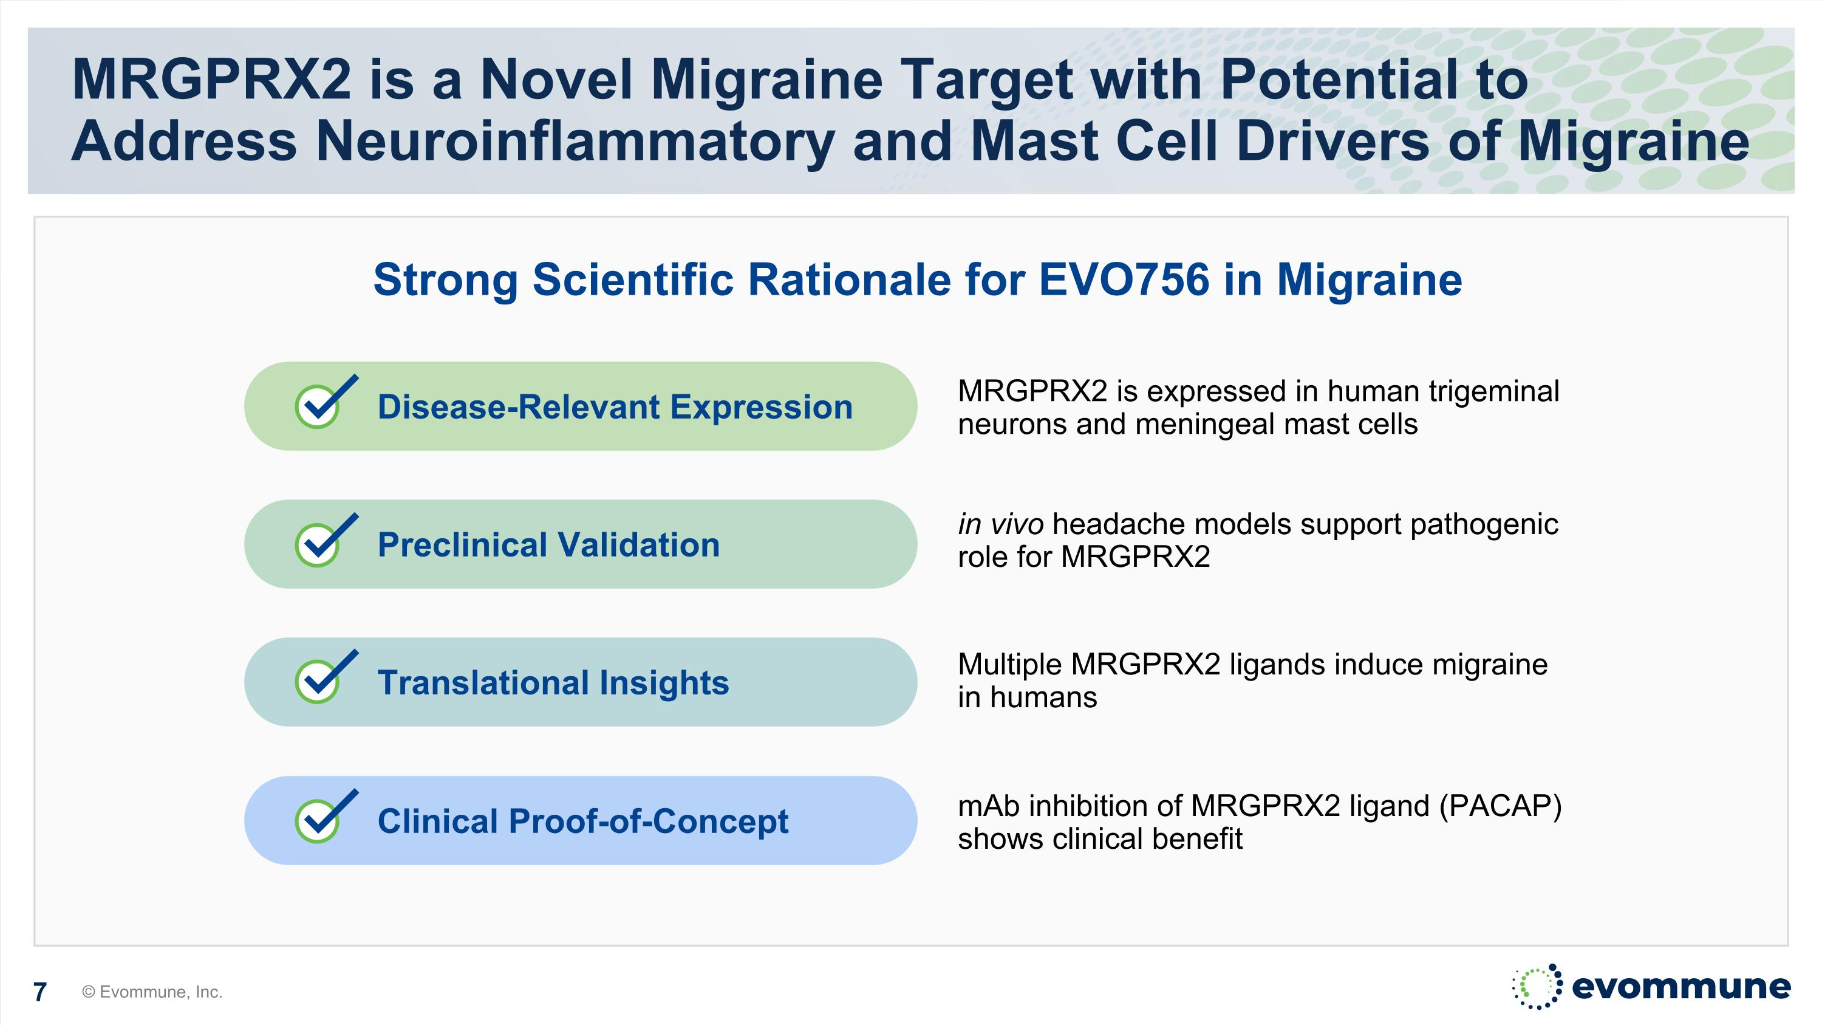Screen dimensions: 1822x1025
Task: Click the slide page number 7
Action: pos(40,992)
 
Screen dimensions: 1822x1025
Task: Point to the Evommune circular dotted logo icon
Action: pos(1537,986)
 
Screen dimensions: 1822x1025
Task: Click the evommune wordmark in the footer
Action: pos(1681,986)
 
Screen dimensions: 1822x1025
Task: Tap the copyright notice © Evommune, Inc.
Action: pos(152,992)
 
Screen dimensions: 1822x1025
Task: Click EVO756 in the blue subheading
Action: pos(1124,279)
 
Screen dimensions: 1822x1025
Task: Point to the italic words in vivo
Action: pos(1000,524)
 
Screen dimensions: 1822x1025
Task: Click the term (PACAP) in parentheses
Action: pos(1500,806)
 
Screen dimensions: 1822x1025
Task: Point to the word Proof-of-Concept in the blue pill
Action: pos(648,822)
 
